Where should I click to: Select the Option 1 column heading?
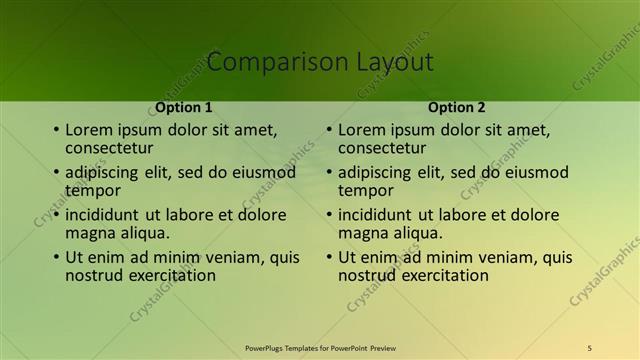(x=183, y=107)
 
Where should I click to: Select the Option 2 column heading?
(x=456, y=107)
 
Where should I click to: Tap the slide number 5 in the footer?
(x=589, y=348)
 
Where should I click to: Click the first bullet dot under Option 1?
(x=56, y=130)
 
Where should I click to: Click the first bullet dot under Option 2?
(x=329, y=130)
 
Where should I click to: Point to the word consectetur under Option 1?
(x=110, y=148)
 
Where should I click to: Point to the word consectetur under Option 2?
(x=383, y=148)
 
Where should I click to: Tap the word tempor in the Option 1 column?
(x=93, y=190)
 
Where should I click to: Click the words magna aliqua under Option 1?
(x=117, y=233)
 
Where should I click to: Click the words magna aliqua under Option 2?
(x=390, y=233)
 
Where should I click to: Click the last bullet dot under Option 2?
(x=329, y=258)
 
